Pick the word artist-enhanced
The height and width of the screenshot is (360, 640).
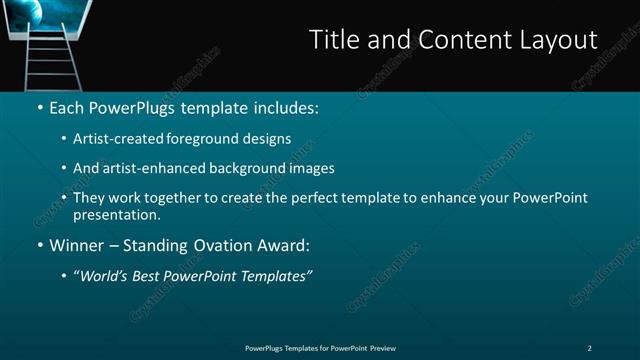152,168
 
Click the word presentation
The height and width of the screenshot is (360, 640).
116,214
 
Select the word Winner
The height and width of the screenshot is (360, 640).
77,245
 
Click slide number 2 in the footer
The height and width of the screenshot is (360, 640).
589,348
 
